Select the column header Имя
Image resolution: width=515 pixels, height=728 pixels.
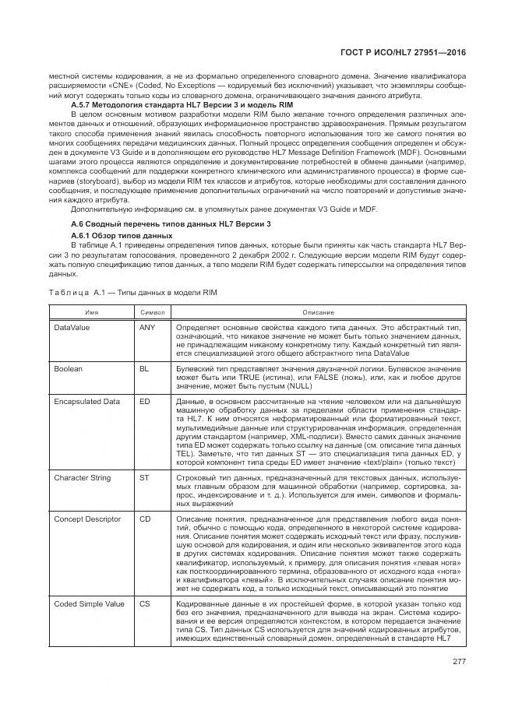point(91,312)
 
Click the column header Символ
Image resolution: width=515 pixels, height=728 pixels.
point(152,312)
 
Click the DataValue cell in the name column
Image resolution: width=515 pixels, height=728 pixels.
point(72,327)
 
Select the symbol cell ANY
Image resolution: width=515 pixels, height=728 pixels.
point(147,327)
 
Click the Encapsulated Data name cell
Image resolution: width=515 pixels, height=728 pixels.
point(86,401)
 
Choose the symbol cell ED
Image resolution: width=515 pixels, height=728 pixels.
point(144,401)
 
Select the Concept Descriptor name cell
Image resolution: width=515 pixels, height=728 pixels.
point(86,517)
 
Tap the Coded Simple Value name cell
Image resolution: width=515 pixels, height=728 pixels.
point(88,603)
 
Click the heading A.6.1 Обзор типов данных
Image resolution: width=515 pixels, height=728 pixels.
point(121,234)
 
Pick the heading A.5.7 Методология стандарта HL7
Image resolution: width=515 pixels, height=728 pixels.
point(160,104)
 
